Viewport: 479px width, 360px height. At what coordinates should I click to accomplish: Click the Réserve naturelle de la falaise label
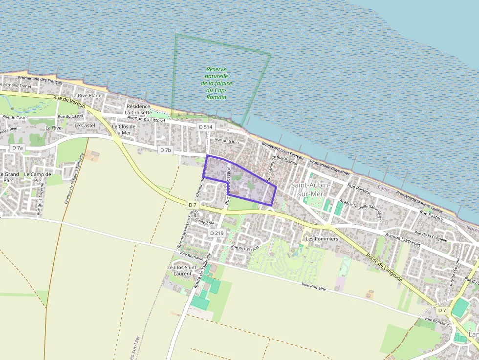click(x=216, y=83)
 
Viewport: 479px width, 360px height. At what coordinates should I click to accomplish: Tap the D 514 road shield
click(x=206, y=127)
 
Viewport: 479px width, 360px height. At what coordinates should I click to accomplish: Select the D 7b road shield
click(x=166, y=150)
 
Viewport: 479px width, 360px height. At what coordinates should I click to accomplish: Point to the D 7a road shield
click(x=18, y=148)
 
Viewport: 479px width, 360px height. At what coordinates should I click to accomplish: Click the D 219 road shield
click(x=217, y=233)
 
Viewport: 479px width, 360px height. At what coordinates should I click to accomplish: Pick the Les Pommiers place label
click(x=322, y=239)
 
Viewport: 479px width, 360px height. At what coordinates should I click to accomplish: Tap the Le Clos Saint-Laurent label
click(x=182, y=270)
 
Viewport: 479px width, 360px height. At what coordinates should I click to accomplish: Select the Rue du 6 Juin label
click(x=227, y=141)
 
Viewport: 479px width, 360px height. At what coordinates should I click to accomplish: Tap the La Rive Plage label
click(x=87, y=95)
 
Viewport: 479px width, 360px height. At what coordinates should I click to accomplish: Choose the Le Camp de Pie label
click(x=38, y=177)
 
